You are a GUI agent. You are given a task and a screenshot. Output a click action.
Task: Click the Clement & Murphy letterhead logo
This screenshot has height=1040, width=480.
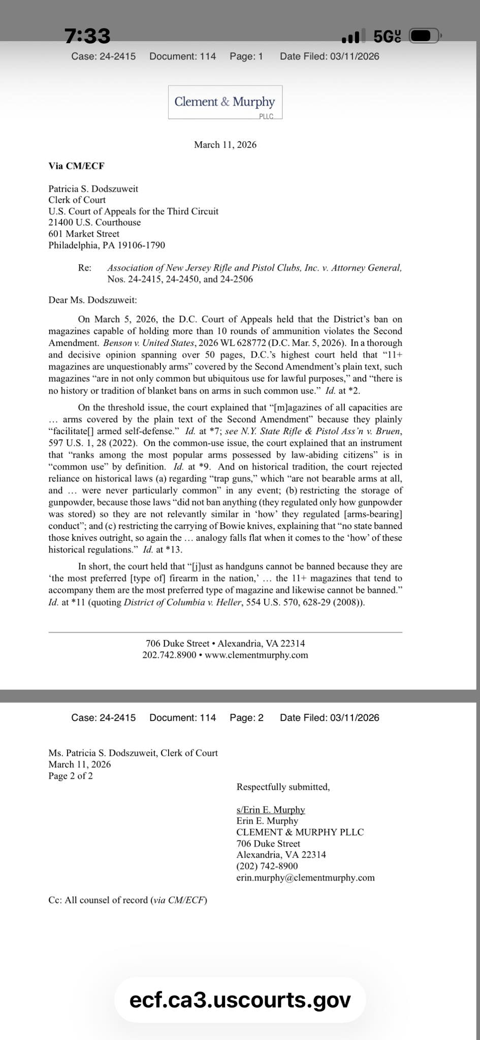click(225, 102)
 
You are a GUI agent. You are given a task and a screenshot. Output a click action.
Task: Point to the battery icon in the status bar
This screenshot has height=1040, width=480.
click(426, 37)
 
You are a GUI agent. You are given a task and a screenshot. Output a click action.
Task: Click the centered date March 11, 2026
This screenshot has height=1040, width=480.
click(225, 145)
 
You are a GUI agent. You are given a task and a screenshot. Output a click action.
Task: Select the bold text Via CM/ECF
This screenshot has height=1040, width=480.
click(76, 166)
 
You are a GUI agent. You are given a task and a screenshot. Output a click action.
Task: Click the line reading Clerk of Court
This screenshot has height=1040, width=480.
click(77, 200)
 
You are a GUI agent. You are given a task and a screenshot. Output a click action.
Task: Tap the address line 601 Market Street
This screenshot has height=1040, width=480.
click(84, 234)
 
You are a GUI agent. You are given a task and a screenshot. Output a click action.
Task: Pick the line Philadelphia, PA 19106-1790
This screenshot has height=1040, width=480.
click(107, 245)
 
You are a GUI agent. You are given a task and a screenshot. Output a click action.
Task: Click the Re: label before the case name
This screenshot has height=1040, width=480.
click(84, 268)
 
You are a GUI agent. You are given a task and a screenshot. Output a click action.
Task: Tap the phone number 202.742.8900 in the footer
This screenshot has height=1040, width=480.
click(169, 655)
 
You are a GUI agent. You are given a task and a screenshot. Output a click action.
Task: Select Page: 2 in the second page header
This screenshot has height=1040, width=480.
click(246, 718)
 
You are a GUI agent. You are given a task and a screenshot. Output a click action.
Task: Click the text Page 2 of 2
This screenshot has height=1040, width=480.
click(71, 776)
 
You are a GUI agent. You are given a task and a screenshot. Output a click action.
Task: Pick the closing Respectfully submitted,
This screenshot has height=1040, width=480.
click(283, 787)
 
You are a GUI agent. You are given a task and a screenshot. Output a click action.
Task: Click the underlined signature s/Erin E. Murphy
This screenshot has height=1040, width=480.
click(270, 809)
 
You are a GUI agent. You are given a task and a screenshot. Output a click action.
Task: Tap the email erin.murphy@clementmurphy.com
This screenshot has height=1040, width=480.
click(305, 877)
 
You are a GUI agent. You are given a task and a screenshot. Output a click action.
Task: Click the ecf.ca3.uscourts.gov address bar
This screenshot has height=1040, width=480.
click(240, 1000)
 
